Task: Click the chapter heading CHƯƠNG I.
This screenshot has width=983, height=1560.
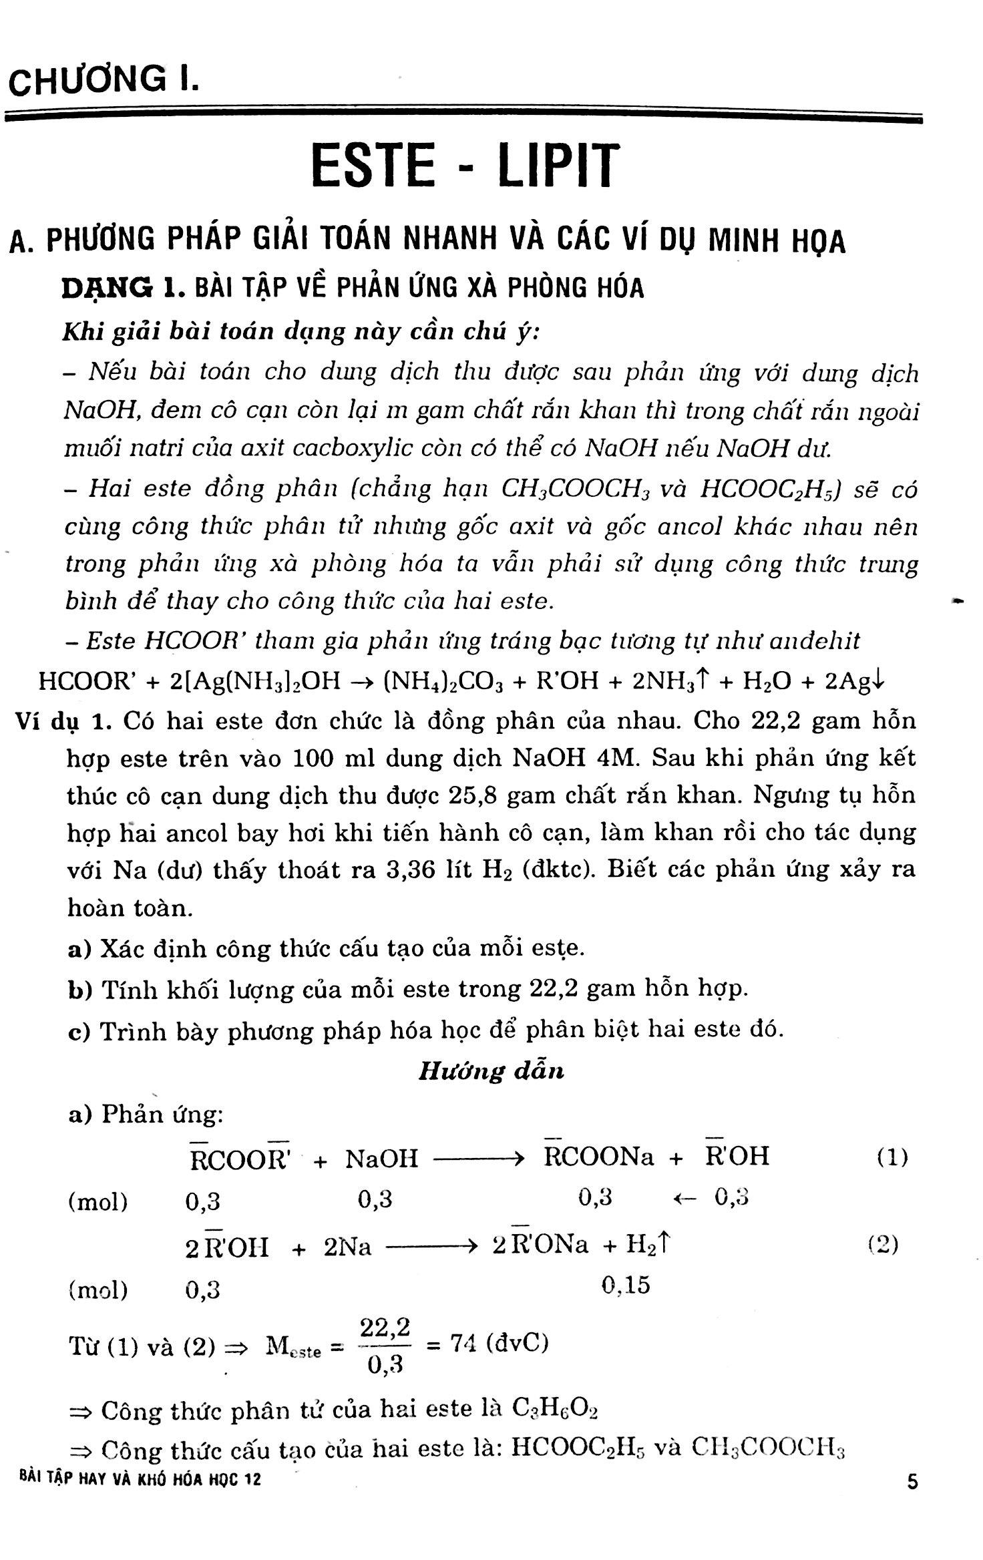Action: (x=103, y=81)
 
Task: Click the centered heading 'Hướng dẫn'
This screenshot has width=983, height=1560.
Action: (x=491, y=1071)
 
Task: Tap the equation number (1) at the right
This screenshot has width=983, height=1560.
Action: (x=892, y=1158)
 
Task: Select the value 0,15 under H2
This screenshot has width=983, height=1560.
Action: (x=626, y=1285)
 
